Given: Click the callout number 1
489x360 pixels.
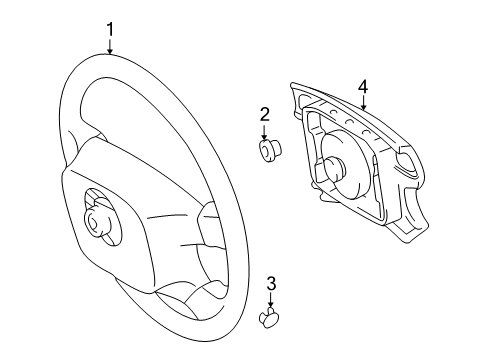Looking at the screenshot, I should (x=110, y=29).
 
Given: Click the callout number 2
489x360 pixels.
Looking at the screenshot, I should (x=265, y=114).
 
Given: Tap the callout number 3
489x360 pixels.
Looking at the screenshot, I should (x=271, y=285).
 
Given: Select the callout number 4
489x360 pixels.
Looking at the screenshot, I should (x=364, y=88).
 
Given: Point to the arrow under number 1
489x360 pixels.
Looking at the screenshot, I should (x=110, y=46).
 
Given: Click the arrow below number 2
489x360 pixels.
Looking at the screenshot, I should (x=265, y=131).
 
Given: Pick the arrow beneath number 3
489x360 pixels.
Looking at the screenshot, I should (x=271, y=302).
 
